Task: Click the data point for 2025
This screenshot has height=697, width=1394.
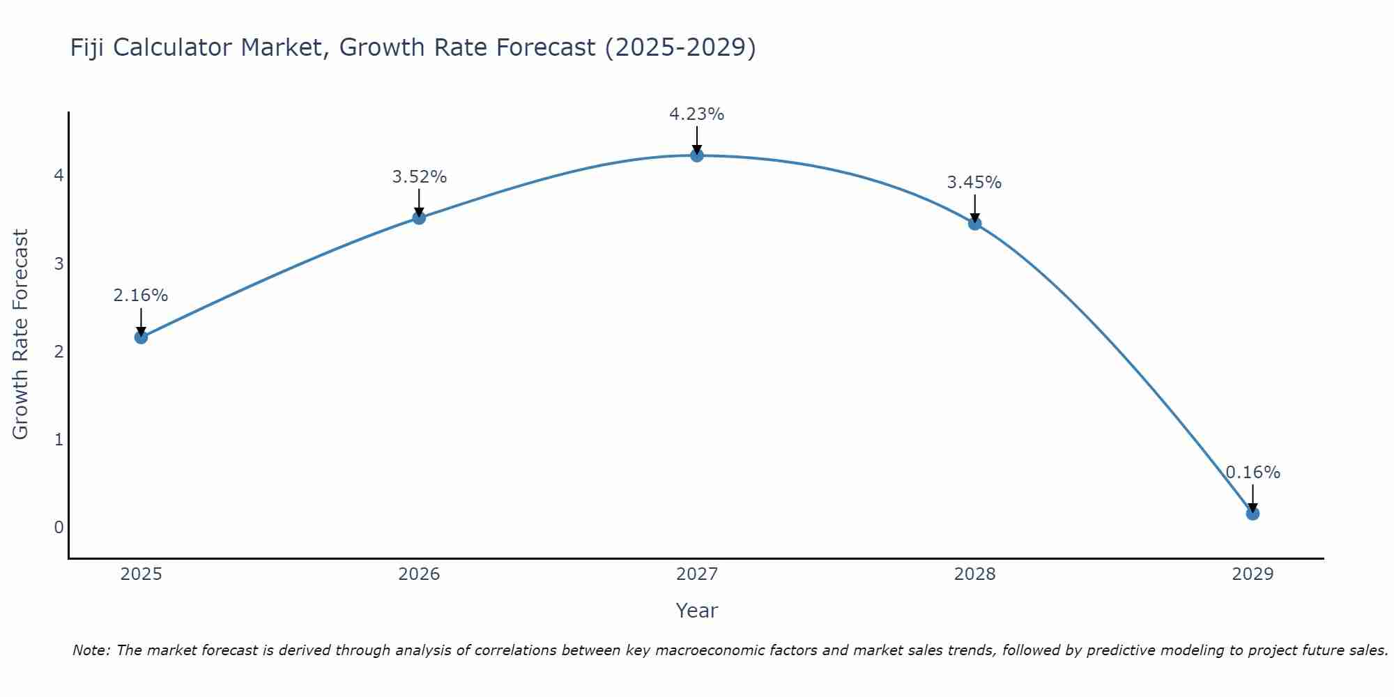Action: tap(141, 337)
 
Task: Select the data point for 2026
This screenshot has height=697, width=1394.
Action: tap(419, 218)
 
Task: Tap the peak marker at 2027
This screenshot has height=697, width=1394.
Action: tap(697, 155)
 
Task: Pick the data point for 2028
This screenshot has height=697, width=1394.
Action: tap(974, 224)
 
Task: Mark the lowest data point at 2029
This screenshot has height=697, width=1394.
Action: tap(1253, 514)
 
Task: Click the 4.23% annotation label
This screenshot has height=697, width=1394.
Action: tap(697, 114)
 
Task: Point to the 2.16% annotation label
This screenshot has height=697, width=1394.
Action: tap(141, 296)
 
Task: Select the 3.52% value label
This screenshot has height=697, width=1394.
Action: tap(419, 177)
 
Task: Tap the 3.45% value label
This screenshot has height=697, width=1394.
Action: tap(974, 183)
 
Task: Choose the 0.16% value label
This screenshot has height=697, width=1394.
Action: tap(1253, 473)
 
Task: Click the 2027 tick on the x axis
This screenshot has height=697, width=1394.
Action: tap(697, 574)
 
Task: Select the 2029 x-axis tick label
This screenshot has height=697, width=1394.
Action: tap(1253, 574)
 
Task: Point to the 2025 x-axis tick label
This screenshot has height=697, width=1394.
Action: tap(141, 574)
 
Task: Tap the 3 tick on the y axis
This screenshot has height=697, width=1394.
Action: tap(59, 263)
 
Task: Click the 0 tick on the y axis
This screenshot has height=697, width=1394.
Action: tap(59, 527)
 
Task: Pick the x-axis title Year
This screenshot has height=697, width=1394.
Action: tap(697, 611)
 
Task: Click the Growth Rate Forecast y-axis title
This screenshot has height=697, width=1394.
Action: tap(21, 335)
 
